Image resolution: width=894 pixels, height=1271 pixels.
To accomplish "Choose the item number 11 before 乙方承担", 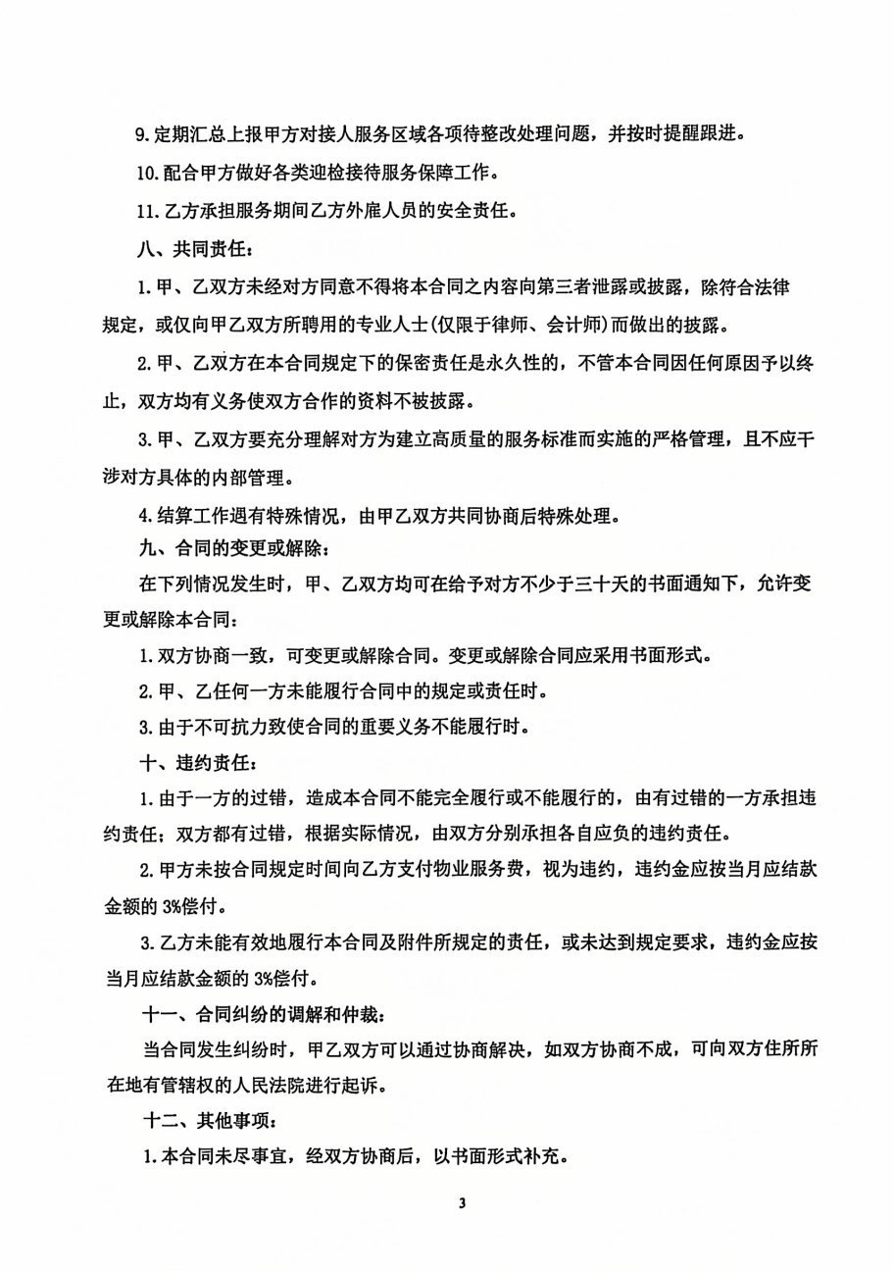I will coord(148,211).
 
